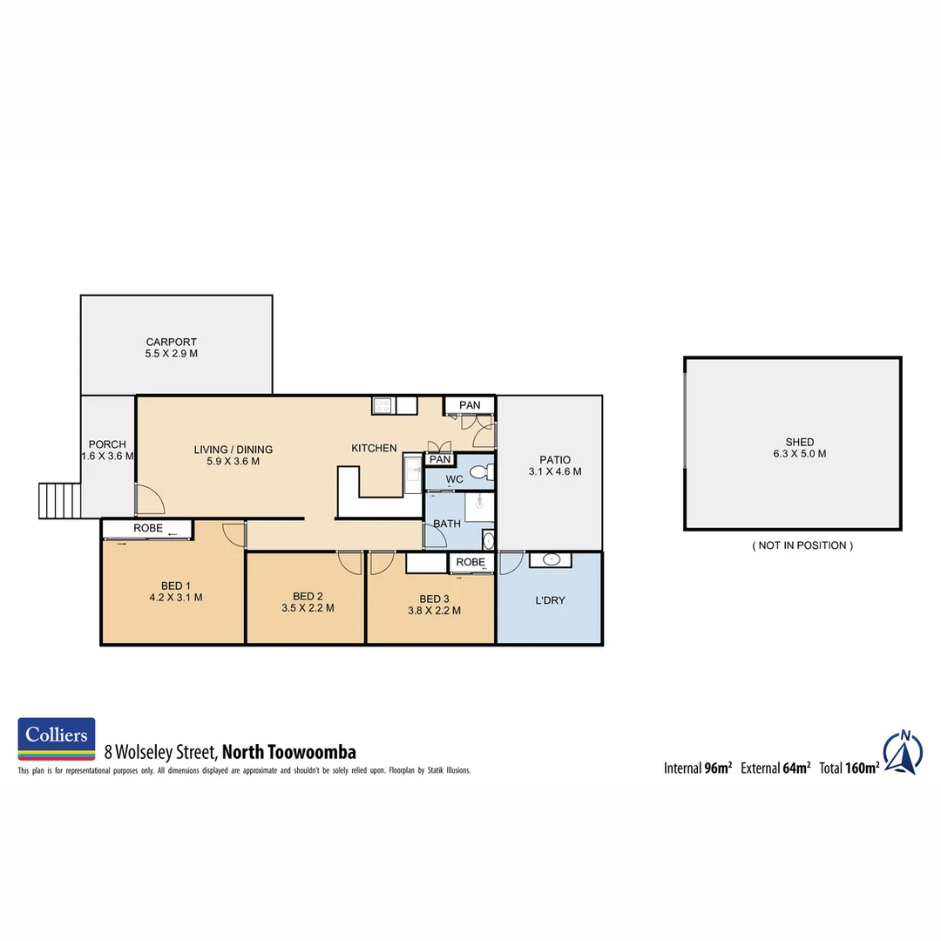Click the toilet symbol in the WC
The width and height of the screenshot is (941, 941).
[480, 473]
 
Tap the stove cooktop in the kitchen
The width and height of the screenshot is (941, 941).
[382, 405]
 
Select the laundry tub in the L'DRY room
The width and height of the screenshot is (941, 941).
[551, 559]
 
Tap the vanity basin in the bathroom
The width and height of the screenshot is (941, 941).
[487, 540]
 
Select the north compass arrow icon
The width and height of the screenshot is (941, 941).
[904, 752]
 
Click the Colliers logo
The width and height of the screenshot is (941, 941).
[57, 739]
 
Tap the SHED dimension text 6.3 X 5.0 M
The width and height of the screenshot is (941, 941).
[799, 454]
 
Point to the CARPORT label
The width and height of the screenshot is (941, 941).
[171, 342]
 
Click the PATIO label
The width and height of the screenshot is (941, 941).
[554, 460]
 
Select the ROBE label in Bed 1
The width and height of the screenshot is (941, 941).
[147, 528]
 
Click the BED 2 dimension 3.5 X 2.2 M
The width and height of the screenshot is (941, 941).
[308, 609]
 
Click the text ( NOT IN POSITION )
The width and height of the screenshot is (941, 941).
[802, 545]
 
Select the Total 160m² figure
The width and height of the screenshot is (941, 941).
[849, 768]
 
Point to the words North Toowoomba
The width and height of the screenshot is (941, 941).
[289, 752]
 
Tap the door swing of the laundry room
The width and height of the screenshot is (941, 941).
[511, 563]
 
